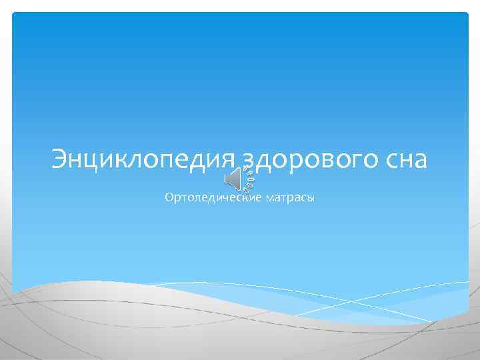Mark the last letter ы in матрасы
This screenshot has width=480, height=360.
(310, 199)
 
